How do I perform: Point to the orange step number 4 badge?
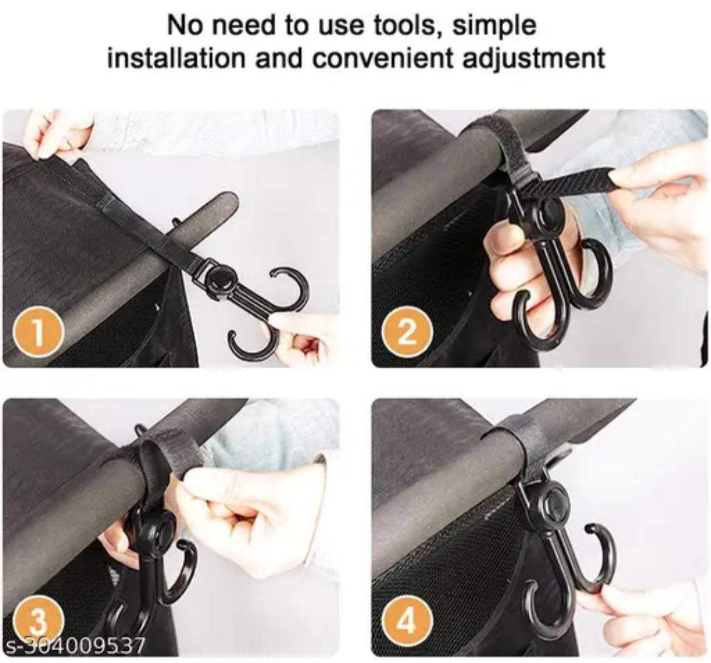point(407,622)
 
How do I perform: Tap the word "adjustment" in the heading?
point(534,59)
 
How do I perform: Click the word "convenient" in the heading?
point(385,58)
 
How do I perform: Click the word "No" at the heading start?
point(183,26)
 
